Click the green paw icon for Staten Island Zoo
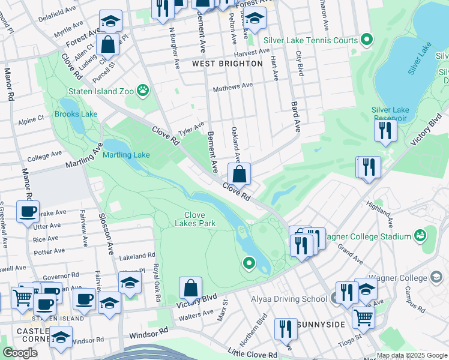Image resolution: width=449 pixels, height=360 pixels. (x=143, y=91)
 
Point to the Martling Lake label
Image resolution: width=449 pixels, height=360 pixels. (x=126, y=155)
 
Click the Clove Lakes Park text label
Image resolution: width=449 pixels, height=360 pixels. (x=194, y=219)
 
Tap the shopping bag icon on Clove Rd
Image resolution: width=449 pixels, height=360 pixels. (x=239, y=175)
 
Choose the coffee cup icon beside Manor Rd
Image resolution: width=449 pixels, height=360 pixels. (x=28, y=212)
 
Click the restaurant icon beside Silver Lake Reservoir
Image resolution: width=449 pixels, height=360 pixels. (x=385, y=130)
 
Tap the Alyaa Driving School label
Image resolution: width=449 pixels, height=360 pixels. (x=292, y=299)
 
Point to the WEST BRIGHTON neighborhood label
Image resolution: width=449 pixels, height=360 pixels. (x=218, y=63)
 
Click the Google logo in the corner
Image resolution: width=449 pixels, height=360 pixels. (x=19, y=352)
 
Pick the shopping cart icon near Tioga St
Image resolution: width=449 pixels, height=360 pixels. (x=363, y=316)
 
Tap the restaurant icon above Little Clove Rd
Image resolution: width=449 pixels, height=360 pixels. (x=286, y=329)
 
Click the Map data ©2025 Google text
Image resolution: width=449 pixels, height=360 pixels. (x=411, y=355)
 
